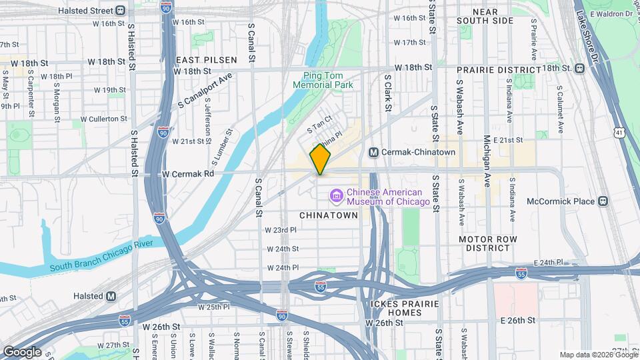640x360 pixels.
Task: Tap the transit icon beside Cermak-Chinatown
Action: tap(374, 153)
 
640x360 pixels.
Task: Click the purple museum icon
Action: tap(337, 195)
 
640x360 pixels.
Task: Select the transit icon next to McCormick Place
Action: tap(603, 201)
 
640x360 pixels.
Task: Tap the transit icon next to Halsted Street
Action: tap(120, 10)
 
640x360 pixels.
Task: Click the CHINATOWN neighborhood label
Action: tap(329, 215)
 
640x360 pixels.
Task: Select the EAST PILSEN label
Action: tap(197, 60)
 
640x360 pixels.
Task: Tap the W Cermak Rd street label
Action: tap(187, 173)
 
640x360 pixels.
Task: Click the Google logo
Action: tap(22, 351)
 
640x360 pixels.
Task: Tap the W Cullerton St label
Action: tap(104, 119)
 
